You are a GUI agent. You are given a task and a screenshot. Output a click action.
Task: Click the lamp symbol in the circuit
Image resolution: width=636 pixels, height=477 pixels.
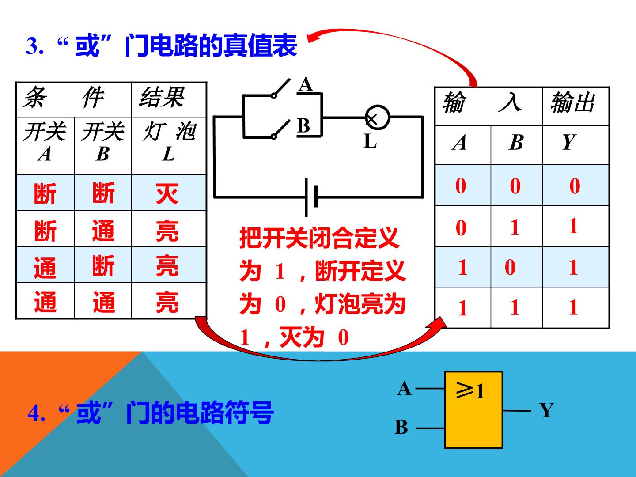(377, 117)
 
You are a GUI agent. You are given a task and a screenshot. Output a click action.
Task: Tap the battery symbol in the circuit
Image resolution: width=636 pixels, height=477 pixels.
(311, 197)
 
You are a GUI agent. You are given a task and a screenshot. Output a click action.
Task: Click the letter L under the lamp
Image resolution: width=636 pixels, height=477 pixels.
(370, 141)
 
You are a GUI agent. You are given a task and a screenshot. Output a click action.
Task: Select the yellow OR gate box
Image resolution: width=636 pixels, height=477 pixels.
(473, 410)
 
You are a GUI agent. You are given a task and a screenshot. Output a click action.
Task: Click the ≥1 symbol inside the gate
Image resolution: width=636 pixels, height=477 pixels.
(470, 390)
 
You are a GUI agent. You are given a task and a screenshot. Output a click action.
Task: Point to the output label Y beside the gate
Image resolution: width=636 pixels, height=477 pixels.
(546, 410)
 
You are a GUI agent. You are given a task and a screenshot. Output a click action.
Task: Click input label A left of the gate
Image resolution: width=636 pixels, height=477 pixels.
(404, 388)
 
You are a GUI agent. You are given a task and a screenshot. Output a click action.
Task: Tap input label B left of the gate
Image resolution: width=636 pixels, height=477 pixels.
(401, 427)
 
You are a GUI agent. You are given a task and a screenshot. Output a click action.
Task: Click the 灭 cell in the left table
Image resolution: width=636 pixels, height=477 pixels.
(167, 193)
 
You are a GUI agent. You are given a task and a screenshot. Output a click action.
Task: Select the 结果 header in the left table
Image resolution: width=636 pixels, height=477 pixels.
(162, 97)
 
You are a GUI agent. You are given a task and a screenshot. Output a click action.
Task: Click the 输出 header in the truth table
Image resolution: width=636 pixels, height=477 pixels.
(573, 102)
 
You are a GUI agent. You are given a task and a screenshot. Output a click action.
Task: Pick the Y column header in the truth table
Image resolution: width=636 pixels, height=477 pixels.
(569, 142)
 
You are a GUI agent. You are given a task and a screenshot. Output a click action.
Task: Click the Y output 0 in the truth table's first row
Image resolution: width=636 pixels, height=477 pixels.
(575, 186)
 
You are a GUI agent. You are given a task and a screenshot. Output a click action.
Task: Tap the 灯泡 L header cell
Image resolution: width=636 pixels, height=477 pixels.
(169, 141)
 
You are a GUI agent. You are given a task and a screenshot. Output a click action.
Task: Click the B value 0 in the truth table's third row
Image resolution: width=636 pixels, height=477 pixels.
(510, 267)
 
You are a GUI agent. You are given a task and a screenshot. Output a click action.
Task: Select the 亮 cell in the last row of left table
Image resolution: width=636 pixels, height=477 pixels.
(167, 302)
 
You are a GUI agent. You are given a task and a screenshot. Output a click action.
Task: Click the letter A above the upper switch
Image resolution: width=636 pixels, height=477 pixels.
(306, 84)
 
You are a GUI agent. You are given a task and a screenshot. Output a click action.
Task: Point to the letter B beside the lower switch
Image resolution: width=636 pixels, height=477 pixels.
(303, 126)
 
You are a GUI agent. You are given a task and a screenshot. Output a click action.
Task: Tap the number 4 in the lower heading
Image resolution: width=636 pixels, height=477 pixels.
(34, 413)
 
